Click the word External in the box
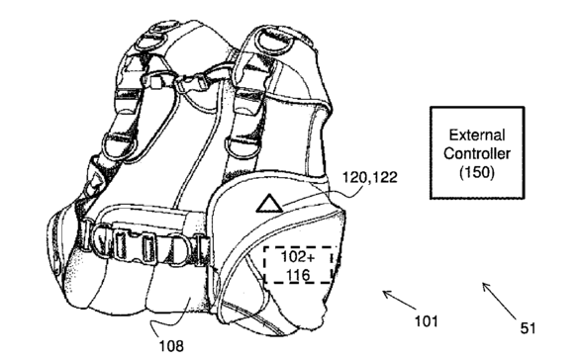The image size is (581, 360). click(x=477, y=135)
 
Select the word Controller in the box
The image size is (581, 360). click(x=477, y=153)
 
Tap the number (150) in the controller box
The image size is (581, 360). click(x=477, y=172)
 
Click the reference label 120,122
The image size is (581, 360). click(x=369, y=177)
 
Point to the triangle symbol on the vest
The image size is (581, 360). click(x=269, y=204)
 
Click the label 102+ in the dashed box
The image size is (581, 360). click(x=298, y=257)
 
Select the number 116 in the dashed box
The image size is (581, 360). click(x=298, y=275)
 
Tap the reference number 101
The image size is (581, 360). click(x=427, y=321)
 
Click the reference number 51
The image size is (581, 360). click(x=528, y=328)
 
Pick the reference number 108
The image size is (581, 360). click(x=171, y=346)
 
